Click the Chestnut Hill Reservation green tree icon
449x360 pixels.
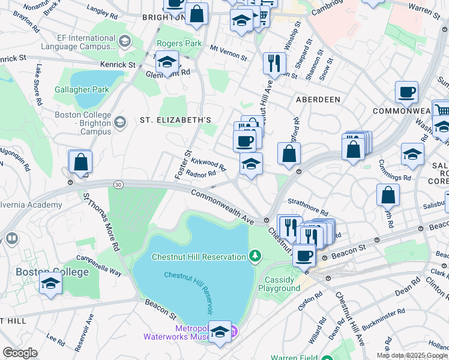click(x=255, y=257)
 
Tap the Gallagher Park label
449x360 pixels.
click(x=82, y=89)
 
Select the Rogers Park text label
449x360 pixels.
click(x=179, y=43)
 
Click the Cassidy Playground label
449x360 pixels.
click(x=279, y=284)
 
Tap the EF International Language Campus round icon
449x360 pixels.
click(x=124, y=41)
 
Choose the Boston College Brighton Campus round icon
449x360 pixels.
click(x=120, y=123)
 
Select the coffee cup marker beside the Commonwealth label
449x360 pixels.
click(x=406, y=93)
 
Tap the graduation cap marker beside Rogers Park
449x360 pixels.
click(x=167, y=62)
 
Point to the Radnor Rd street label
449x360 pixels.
click(x=200, y=174)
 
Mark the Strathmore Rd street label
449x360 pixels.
click(x=308, y=208)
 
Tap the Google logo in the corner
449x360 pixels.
click(x=19, y=353)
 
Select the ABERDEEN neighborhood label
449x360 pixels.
click(x=318, y=99)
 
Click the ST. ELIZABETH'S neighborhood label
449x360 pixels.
click(x=175, y=120)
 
